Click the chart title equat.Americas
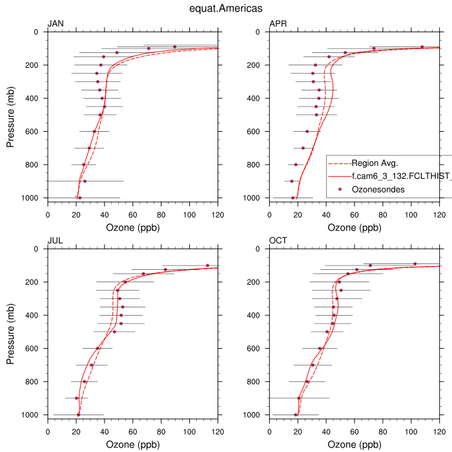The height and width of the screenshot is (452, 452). point(226,8)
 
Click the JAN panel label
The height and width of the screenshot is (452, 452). point(56,25)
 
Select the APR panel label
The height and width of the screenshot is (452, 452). point(278,25)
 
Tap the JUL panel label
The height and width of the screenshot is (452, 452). point(55,241)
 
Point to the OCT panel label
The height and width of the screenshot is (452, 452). point(278,241)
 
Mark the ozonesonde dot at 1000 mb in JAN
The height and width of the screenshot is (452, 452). point(79,198)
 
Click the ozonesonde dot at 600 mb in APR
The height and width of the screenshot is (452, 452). point(307,131)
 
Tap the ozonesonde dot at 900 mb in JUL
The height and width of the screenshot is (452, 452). point(76,398)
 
